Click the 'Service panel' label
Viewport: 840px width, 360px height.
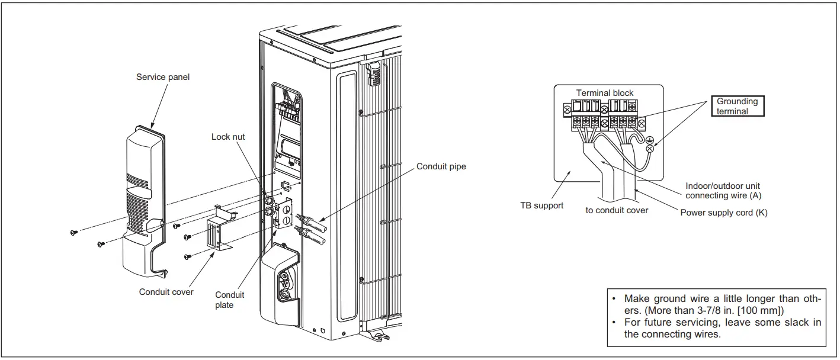point(163,77)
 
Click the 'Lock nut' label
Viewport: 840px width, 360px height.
point(228,137)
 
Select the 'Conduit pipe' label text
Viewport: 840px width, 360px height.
point(441,166)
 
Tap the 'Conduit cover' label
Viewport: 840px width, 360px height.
point(166,292)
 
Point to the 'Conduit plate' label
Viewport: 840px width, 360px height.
point(229,300)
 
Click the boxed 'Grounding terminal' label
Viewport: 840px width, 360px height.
point(737,106)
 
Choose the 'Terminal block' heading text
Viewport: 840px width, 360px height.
point(604,93)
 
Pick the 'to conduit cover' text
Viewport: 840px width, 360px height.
point(617,210)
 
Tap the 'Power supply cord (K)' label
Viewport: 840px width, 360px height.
point(724,213)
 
